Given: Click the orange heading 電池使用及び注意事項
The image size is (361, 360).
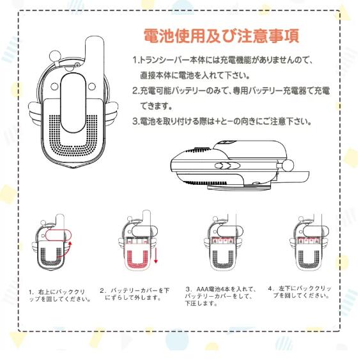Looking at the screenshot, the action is tap(222, 36).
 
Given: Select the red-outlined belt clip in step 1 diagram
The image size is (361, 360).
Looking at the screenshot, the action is tap(58, 235).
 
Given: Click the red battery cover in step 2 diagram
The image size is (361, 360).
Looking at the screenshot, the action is tap(137, 256).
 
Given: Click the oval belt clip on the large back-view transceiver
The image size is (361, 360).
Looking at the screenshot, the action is tap(73, 103).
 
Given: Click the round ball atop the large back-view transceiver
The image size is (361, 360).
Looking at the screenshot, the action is tap(54, 56).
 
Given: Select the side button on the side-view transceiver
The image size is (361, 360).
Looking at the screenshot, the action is tap(227, 165).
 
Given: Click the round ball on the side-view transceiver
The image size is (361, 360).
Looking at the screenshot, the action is tap(288, 165).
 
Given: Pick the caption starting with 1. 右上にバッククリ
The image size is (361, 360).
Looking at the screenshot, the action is tap(60, 295).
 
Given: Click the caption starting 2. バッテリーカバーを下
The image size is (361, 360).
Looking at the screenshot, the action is tap(134, 294).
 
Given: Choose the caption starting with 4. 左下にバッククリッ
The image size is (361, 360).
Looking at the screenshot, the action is tap(300, 292).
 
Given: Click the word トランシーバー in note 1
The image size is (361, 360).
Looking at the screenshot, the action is tap(164, 60).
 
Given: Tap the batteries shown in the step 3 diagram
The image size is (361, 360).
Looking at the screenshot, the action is tap(223, 241).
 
